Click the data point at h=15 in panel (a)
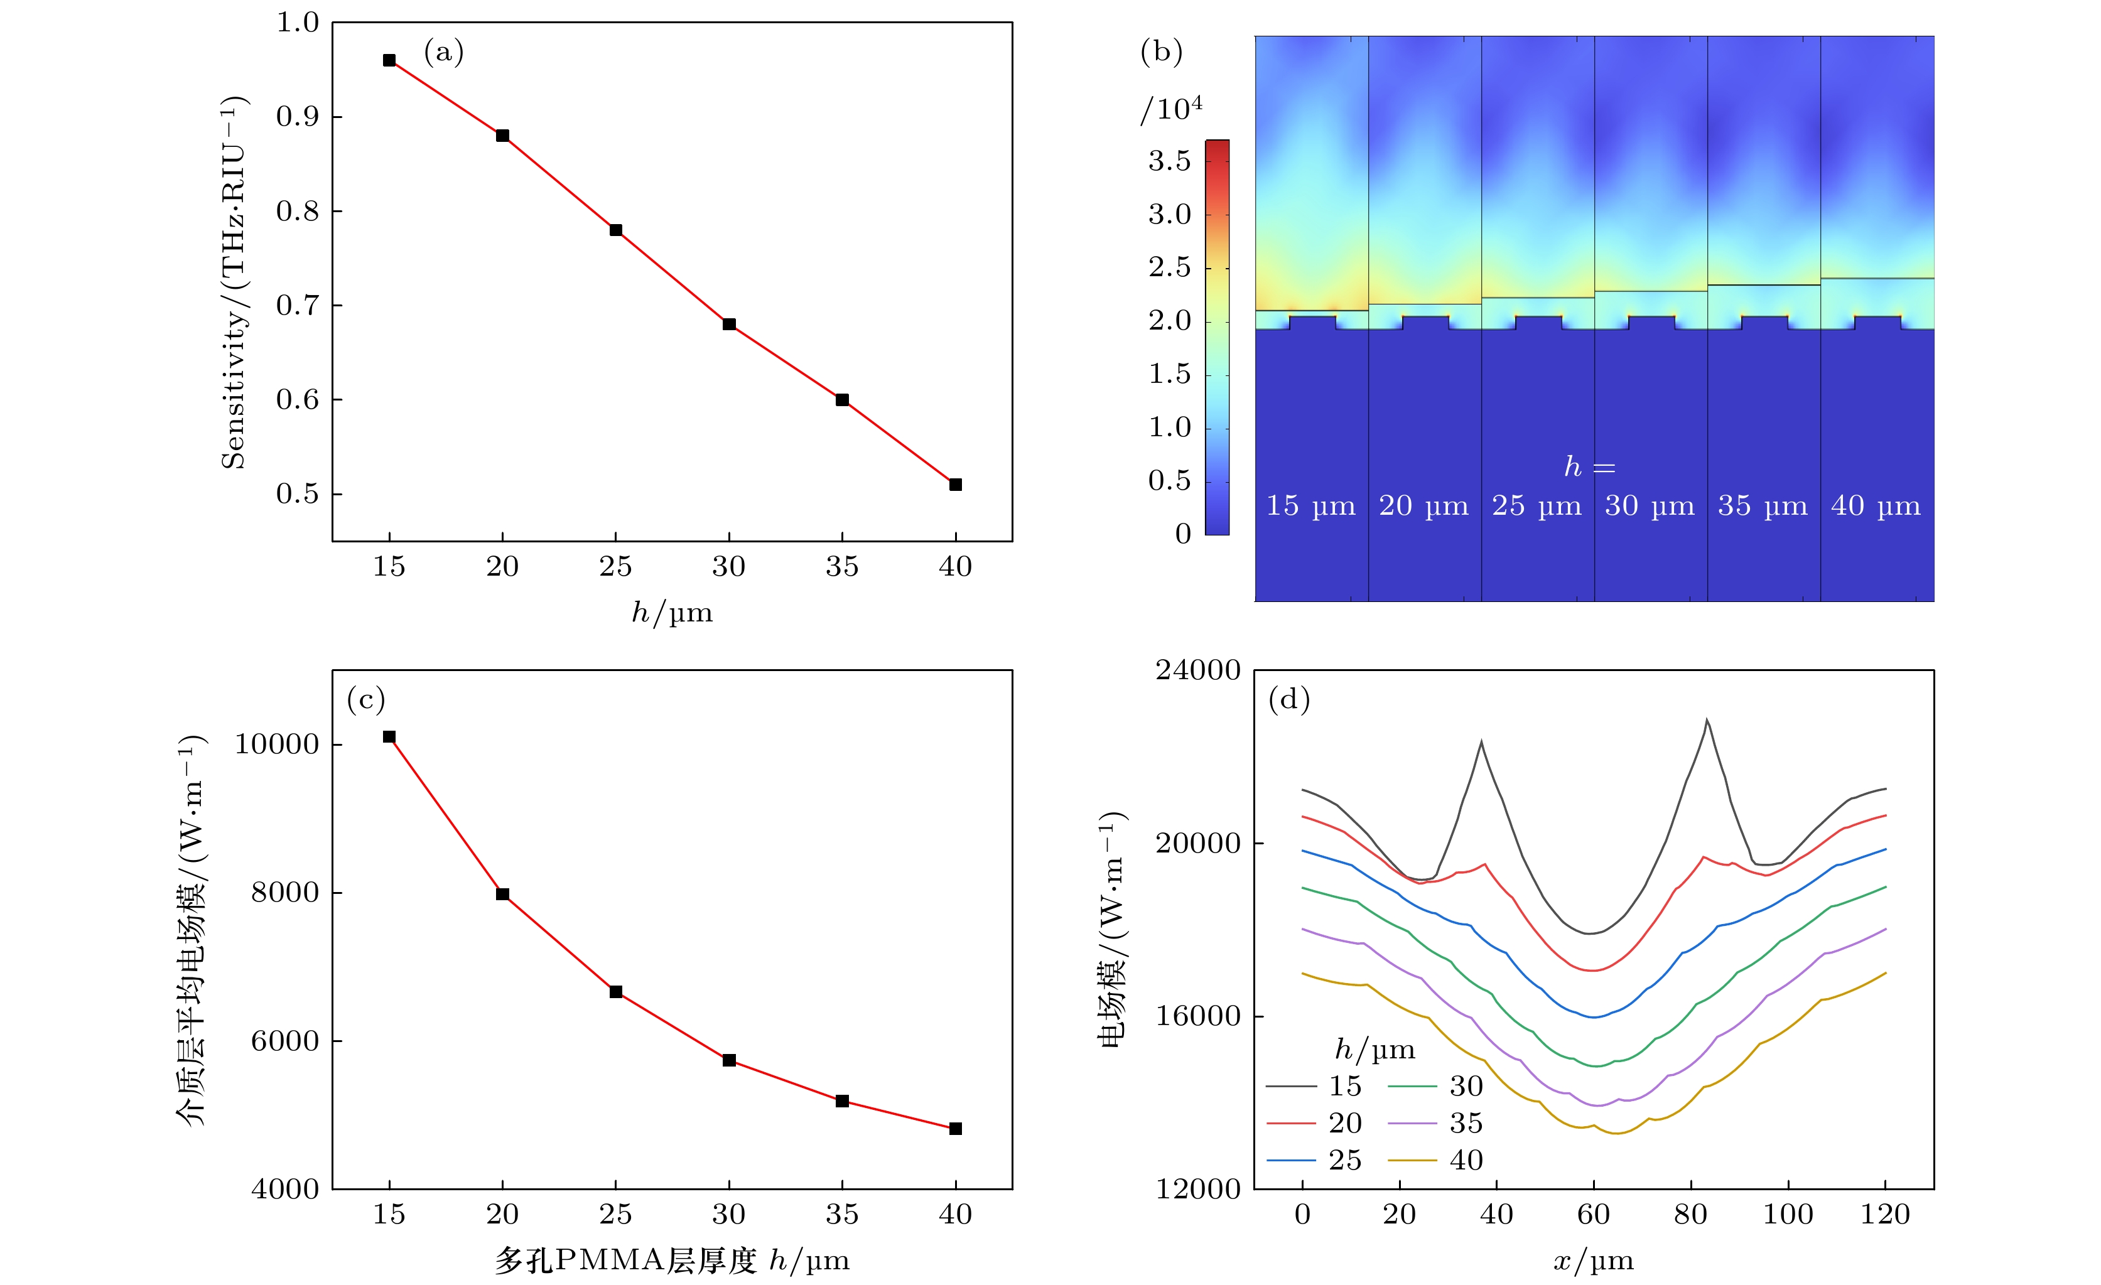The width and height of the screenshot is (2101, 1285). (389, 60)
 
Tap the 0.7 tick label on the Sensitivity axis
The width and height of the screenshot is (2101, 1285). (297, 305)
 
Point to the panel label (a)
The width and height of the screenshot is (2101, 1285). (443, 53)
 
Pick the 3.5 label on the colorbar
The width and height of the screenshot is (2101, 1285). (1169, 161)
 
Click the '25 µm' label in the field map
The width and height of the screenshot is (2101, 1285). (1537, 505)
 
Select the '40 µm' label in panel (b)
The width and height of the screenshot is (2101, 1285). (1875, 505)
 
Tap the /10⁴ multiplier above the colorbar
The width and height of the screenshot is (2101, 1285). (1172, 109)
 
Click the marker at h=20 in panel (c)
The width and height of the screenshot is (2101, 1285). (502, 895)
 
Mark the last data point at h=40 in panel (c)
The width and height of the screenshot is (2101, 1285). (955, 1129)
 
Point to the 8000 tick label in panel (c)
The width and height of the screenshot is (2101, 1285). (285, 893)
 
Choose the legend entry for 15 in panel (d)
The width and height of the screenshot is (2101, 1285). (1315, 1087)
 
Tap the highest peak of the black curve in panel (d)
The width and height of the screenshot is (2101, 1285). (1706, 721)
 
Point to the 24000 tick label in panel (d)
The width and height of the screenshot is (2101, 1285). (1197, 671)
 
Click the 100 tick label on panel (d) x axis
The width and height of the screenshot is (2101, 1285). (1787, 1214)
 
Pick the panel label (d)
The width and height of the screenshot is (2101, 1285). (1288, 700)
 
